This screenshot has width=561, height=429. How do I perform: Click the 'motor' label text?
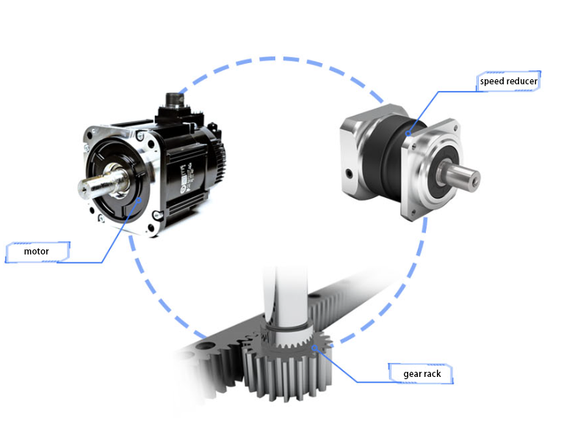[36, 252]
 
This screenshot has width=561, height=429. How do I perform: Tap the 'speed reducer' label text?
[508, 81]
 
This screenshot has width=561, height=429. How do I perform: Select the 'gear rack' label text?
[422, 374]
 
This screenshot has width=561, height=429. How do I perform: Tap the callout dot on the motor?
[139, 200]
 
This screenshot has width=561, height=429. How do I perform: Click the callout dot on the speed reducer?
[408, 133]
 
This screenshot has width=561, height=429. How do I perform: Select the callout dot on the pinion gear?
[314, 348]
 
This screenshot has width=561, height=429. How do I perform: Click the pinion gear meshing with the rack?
[286, 364]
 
